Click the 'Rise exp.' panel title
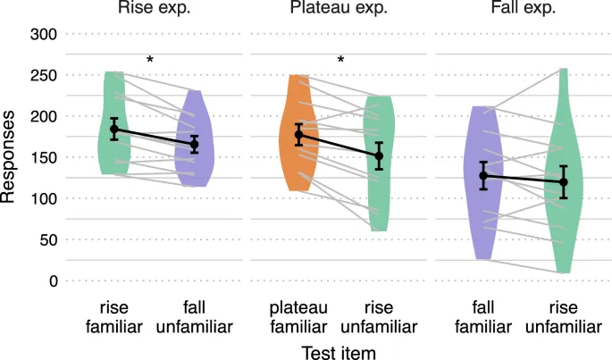[149, 10]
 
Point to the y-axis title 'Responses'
[10, 157]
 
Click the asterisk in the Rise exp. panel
[150, 61]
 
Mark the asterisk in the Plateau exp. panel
[340, 61]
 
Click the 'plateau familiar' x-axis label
[300, 317]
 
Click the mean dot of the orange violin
[299, 135]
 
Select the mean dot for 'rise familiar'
[114, 130]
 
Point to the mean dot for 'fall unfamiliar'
[193, 144]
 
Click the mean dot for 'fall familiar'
[483, 175]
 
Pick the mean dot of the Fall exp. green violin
[562, 182]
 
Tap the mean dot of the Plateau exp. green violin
[379, 155]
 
